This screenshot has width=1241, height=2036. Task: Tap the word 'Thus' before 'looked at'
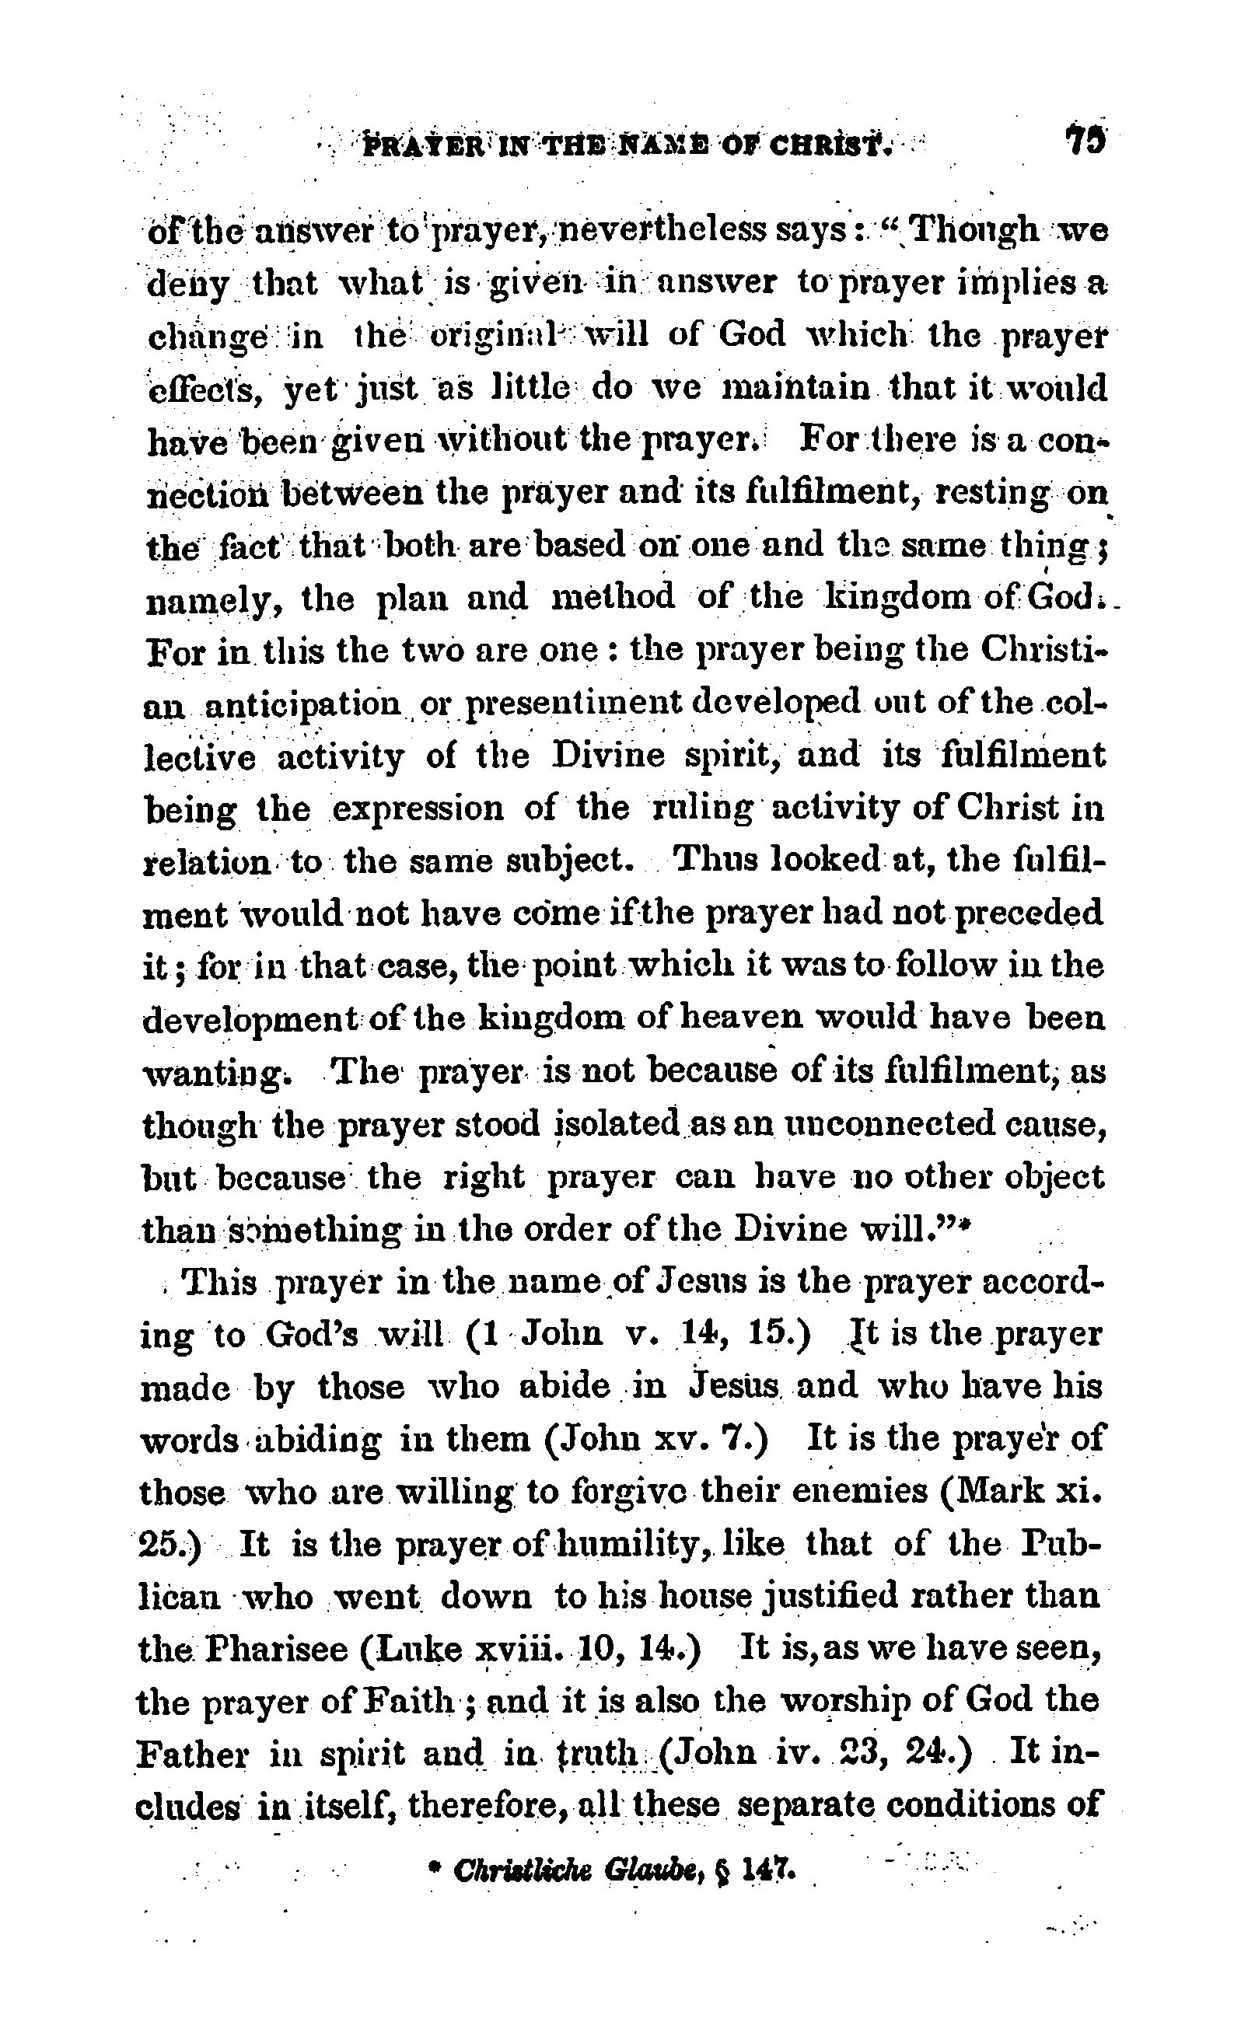click(x=713, y=862)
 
